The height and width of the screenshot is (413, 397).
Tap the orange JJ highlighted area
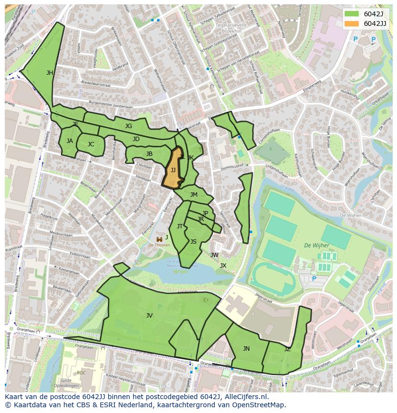coord(173,170)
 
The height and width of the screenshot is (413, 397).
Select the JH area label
coord(49,73)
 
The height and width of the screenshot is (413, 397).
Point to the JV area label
coord(149,315)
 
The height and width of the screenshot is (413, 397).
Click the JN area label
coord(246,349)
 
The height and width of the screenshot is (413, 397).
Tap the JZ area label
coord(287,349)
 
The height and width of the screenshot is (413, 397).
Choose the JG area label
coord(128,126)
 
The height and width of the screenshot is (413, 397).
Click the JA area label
coord(70,141)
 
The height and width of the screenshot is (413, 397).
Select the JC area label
coord(91,144)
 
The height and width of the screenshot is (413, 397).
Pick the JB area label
coord(149,154)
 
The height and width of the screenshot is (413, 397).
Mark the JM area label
coord(194,194)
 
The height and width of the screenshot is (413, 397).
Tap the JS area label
coord(193,242)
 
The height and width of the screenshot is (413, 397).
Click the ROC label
coord(82,372)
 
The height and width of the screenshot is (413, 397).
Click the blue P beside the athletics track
coord(314,279)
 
